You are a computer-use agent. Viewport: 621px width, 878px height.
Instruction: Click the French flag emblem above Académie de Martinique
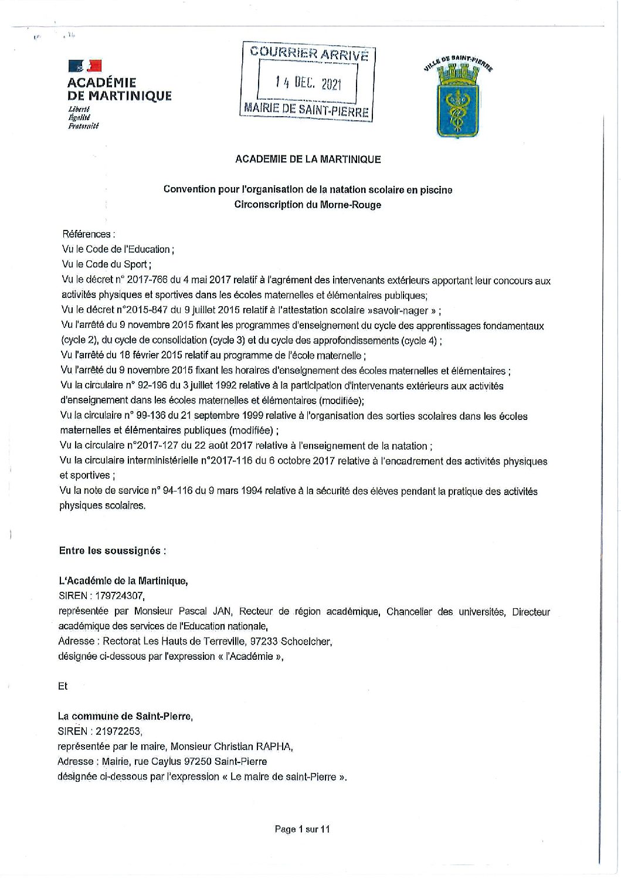coord(85,66)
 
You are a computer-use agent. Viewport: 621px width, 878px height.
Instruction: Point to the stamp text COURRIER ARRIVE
coord(309,53)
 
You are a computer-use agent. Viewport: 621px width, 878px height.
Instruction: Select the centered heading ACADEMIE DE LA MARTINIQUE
coord(308,159)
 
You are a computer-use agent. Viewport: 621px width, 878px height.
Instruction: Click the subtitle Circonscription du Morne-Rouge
coord(308,205)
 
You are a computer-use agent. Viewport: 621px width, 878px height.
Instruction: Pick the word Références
coord(86,234)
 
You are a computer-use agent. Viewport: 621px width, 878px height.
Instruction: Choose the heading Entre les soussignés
coord(112,551)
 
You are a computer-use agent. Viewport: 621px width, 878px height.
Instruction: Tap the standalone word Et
coord(63,686)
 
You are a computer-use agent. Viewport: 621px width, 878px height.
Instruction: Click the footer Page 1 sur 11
coord(303,829)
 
